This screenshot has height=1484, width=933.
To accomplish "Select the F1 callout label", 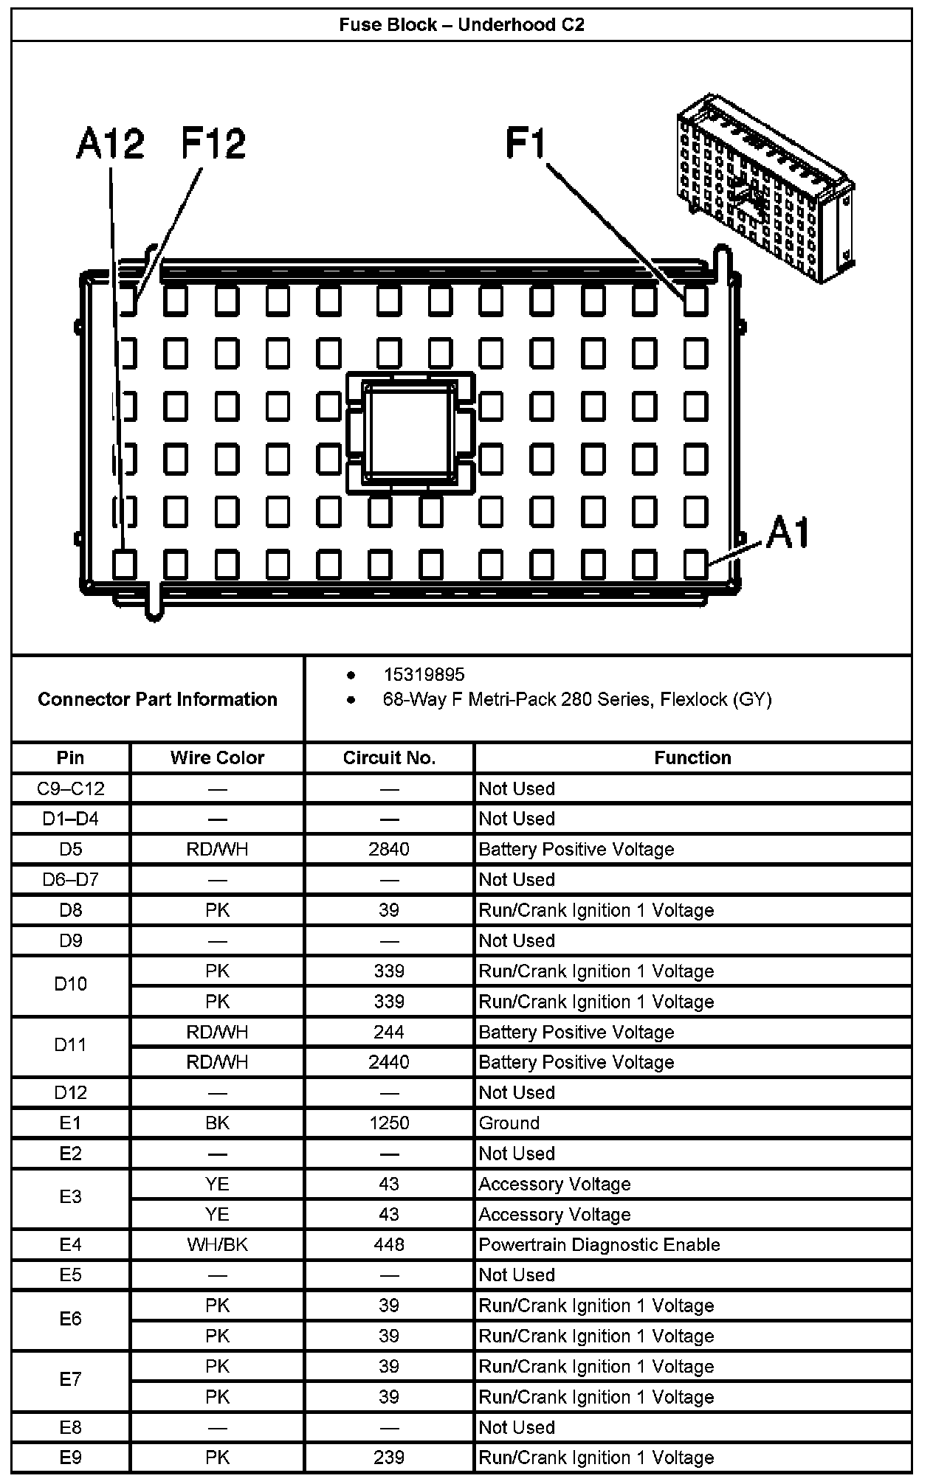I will [x=526, y=143].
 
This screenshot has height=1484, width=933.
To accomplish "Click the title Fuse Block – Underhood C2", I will [x=461, y=25].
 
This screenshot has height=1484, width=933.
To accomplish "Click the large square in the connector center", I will [x=410, y=431].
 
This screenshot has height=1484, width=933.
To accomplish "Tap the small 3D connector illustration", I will [x=765, y=189].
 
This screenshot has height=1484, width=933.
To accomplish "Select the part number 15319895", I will [x=424, y=674].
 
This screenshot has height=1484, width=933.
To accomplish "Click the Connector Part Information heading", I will [x=157, y=699].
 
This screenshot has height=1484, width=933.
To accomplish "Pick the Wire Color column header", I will [x=217, y=757].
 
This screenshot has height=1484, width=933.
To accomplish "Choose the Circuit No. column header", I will [x=389, y=757].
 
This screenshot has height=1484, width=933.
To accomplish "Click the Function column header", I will [x=692, y=757].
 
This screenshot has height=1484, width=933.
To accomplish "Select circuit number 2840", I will [x=389, y=849].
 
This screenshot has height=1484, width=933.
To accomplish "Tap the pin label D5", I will [x=71, y=849].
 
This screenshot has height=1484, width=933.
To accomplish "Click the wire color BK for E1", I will [x=217, y=1123].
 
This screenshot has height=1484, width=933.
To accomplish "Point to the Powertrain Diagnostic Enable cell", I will [x=599, y=1244].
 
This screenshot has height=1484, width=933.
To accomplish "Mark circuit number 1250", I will [x=389, y=1123].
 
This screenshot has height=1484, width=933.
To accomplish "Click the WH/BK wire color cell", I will [x=217, y=1244].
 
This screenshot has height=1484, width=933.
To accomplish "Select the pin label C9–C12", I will [x=71, y=788].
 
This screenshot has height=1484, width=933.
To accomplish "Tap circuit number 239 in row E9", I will [x=389, y=1457].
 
